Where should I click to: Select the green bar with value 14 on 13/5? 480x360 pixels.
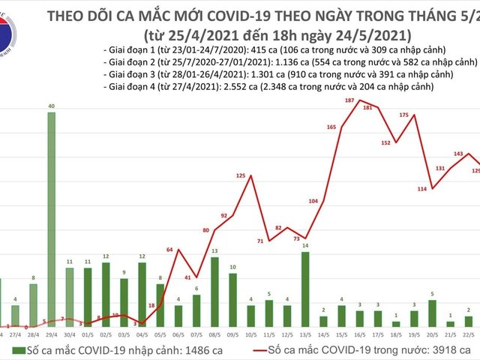304,289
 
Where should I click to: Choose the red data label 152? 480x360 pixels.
386,142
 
